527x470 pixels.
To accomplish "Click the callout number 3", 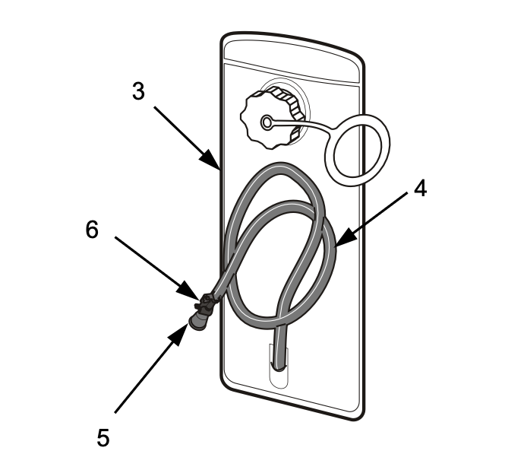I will pos(138,91).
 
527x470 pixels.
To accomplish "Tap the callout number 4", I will pos(420,188).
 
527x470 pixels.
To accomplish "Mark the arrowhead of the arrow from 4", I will pos(336,245).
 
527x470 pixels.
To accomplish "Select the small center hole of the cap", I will pos(266,122).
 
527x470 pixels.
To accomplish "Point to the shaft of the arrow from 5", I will pos(148,373).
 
